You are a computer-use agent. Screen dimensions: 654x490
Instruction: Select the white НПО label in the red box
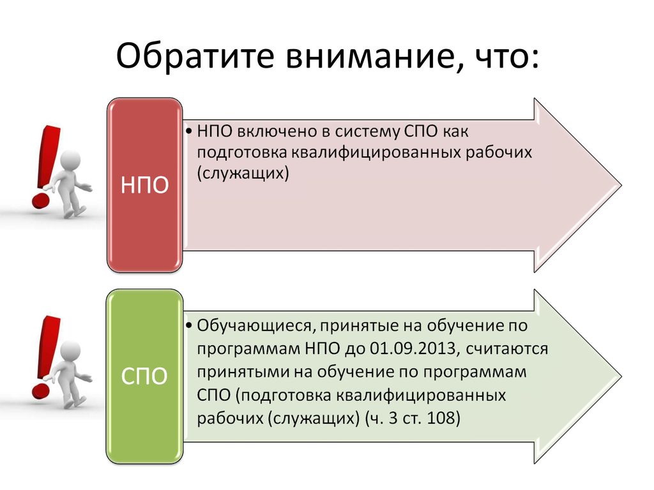click(x=144, y=184)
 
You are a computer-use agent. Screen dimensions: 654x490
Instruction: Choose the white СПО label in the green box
click(x=144, y=376)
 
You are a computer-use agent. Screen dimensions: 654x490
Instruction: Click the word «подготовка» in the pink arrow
click(x=241, y=153)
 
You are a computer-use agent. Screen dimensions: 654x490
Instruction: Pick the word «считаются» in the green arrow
click(x=506, y=349)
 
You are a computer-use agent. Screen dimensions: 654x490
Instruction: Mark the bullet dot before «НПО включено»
click(x=189, y=131)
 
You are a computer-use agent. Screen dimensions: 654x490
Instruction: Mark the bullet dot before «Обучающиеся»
click(x=189, y=325)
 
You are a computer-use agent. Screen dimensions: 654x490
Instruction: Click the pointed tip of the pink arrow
click(x=621, y=185)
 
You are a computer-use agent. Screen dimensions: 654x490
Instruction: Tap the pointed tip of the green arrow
click(x=621, y=376)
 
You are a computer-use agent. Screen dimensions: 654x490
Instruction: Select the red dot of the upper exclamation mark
click(x=40, y=200)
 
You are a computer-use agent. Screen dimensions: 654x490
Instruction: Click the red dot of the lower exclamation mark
click(x=40, y=391)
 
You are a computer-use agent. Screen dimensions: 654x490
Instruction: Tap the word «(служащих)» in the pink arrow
click(x=243, y=173)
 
